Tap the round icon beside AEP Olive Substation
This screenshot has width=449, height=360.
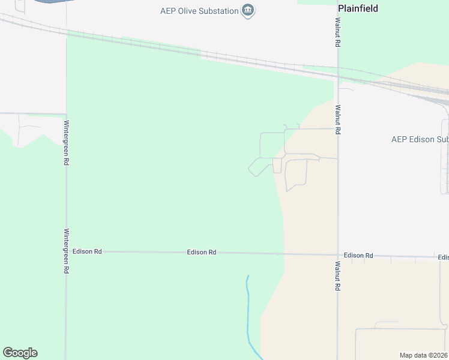(x=247, y=10)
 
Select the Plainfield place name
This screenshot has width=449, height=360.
(x=358, y=8)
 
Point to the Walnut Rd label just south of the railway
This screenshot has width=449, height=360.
(x=338, y=119)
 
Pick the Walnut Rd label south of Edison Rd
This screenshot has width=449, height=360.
(x=338, y=276)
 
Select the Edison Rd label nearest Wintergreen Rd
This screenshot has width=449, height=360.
(x=86, y=251)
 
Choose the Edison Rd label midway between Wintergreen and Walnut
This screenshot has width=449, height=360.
(x=202, y=253)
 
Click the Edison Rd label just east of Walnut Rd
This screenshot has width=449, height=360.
(x=358, y=256)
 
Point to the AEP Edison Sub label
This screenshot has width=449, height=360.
(x=420, y=139)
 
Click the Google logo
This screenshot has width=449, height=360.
(x=20, y=353)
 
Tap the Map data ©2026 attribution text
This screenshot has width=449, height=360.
(x=423, y=355)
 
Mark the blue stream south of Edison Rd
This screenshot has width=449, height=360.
(x=247, y=312)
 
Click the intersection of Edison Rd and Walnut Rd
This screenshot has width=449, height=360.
(x=338, y=254)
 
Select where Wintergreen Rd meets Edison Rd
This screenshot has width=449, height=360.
(x=67, y=251)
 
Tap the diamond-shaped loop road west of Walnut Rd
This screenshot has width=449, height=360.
(x=259, y=167)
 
